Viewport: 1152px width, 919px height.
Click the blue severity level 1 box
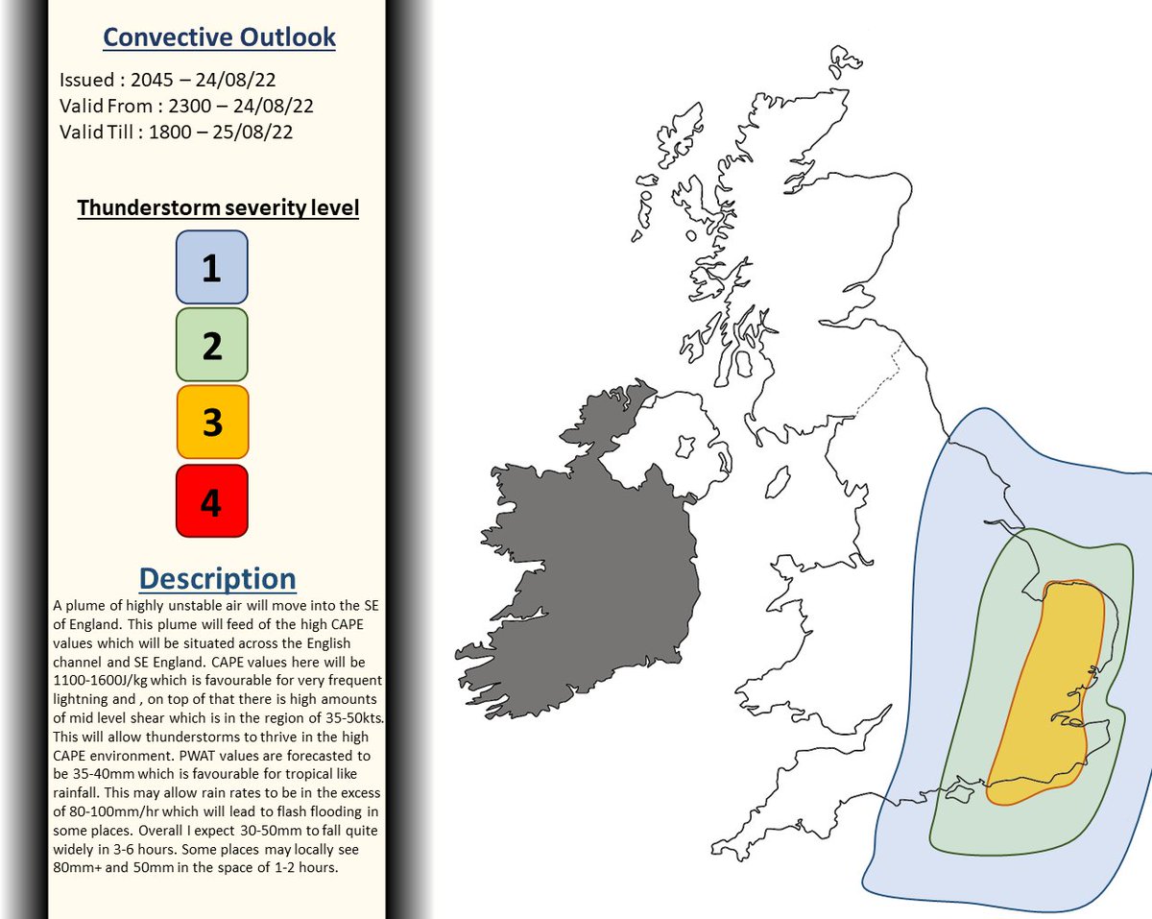click(x=211, y=267)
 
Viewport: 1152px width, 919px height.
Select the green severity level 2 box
click(x=211, y=345)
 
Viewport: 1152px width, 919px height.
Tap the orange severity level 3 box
click(x=211, y=423)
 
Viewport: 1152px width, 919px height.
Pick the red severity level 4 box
click(x=211, y=500)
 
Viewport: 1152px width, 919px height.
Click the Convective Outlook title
click(x=219, y=37)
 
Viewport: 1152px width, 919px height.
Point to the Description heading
click(x=217, y=579)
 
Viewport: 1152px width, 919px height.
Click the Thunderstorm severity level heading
click(x=218, y=208)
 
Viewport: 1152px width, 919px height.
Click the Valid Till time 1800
click(x=169, y=132)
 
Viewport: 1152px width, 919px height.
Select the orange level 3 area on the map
click(x=1051, y=691)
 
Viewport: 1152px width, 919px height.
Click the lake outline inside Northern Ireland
click(x=686, y=447)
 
